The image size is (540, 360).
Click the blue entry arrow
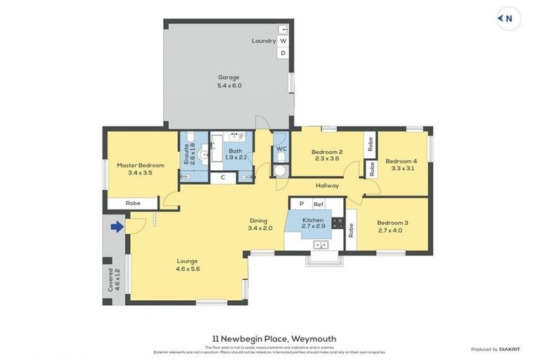[117, 226]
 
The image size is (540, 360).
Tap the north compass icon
[508, 19]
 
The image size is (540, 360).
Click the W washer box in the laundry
[283, 41]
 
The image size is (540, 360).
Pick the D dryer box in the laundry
[283, 53]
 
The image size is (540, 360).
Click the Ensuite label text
[187, 154]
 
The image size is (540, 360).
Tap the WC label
[281, 148]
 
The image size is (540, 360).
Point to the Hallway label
[327, 186]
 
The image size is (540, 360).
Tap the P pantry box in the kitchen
[301, 204]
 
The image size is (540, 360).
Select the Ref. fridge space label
[319, 204]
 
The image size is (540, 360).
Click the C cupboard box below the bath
[223, 178]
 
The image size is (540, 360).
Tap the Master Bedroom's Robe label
[133, 203]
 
